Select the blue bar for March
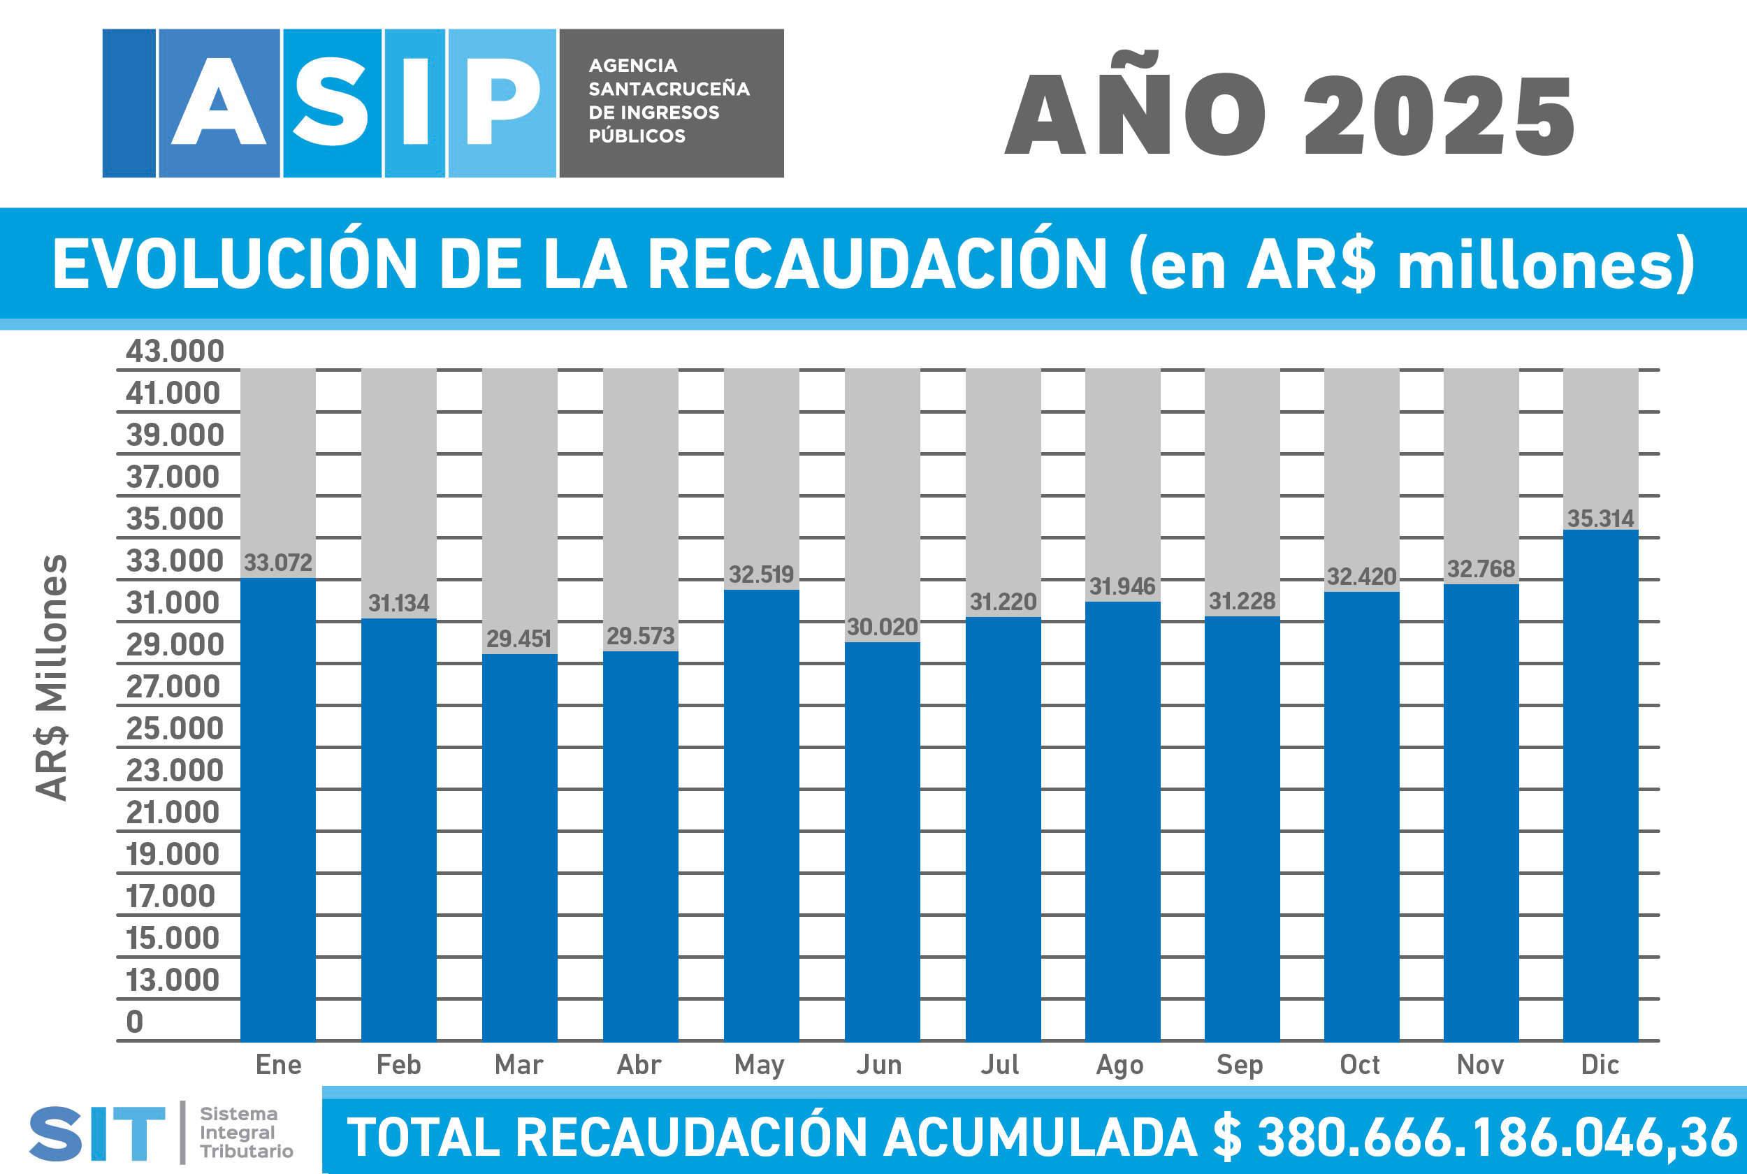(519, 847)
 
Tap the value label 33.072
(277, 563)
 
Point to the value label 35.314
(1600, 518)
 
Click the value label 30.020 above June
(882, 627)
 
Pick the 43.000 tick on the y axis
(175, 351)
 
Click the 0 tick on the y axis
(135, 1021)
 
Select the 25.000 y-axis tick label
(175, 728)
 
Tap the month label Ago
(1119, 1065)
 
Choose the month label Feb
(398, 1065)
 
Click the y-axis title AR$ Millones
(52, 678)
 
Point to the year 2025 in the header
(1440, 116)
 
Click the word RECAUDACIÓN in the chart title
(876, 263)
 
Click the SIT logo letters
(97, 1133)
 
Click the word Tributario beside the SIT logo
(246, 1152)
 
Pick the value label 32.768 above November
(1481, 569)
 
